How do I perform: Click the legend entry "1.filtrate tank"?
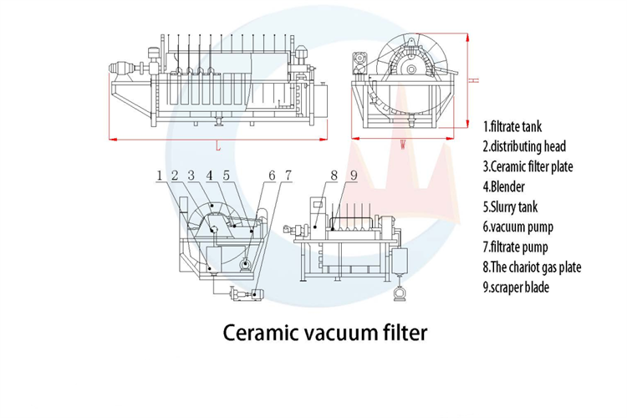pos(513,128)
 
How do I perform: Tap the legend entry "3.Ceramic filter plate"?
pos(528,166)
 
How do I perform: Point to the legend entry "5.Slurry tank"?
pos(511,206)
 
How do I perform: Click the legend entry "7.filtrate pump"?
pos(517,247)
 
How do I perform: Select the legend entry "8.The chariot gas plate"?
pos(532,268)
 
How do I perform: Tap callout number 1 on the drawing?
pos(158,176)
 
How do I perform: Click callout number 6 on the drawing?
pos(272,176)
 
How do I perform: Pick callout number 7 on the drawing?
pos(288,176)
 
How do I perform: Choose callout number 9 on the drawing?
pos(353,176)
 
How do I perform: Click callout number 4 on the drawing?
pos(210,176)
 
